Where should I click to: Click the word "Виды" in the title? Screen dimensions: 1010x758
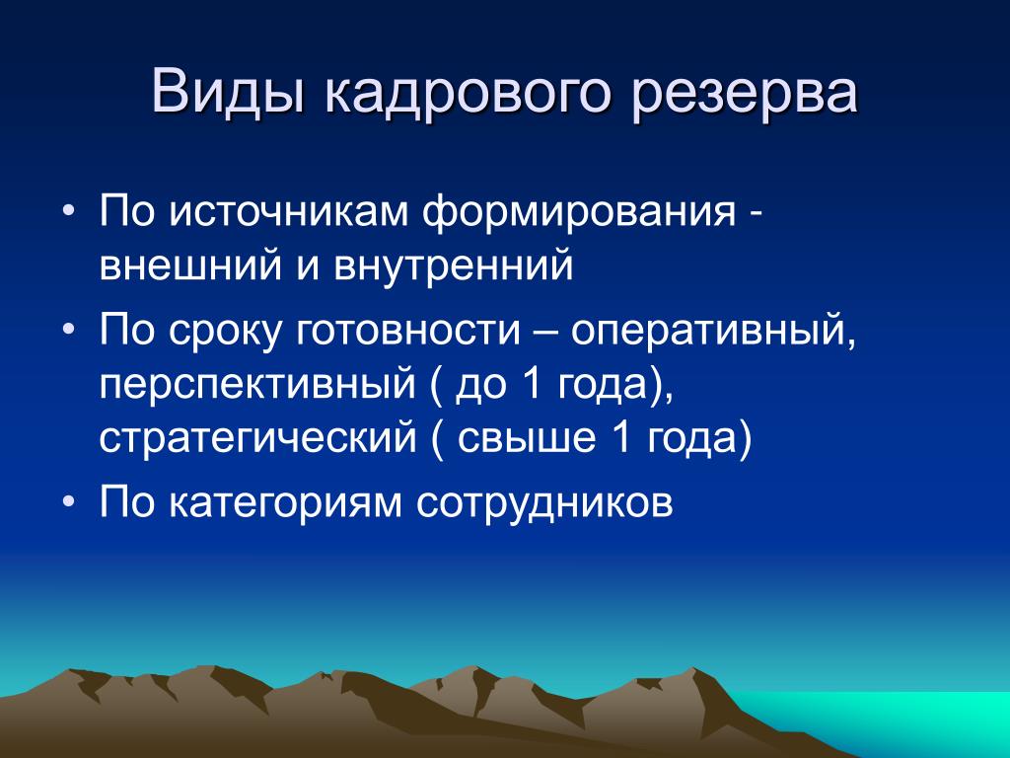point(228,91)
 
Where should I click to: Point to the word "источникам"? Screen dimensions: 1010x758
point(289,211)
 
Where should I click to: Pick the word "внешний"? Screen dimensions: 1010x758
point(190,265)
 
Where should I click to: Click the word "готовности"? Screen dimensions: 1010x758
point(407,330)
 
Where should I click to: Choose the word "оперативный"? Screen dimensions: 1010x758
point(714,330)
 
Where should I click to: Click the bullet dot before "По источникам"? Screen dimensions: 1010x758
point(68,212)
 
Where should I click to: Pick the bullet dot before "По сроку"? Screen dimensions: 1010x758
point(68,330)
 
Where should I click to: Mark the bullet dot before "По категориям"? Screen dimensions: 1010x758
point(68,501)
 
